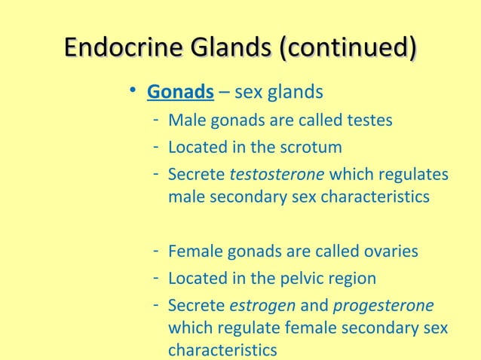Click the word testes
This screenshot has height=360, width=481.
point(369,121)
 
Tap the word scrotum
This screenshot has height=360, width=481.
point(313,147)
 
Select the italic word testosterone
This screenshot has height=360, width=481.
point(277,174)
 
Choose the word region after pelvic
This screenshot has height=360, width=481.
point(349,279)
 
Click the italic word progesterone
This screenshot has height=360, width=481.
point(383,306)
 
